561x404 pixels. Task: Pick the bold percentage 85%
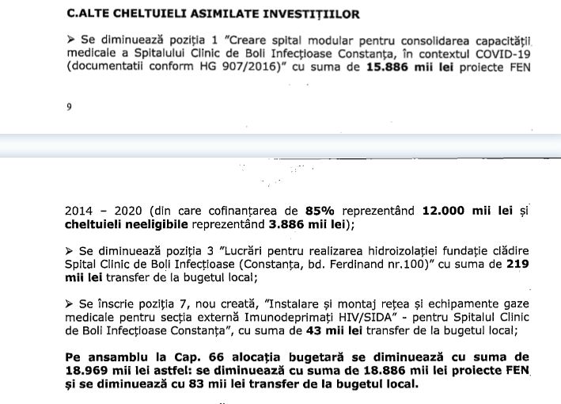tap(322, 212)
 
